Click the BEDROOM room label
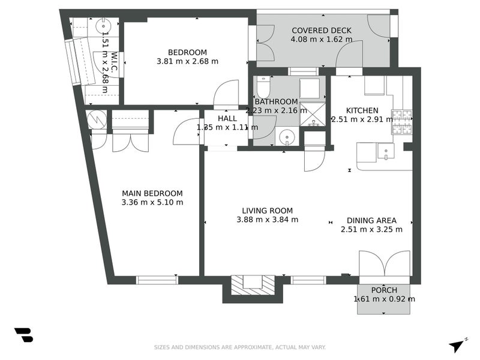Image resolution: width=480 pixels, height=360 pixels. coord(187,52)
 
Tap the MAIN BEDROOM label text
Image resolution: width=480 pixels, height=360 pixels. coord(152,193)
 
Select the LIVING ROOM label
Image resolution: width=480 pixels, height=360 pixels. coord(267,211)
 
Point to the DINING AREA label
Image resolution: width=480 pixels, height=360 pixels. coord(371,220)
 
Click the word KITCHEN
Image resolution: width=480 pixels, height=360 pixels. coord(362,110)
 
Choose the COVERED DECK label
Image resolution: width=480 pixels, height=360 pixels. coord(321,31)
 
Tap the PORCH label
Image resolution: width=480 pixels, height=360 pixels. coord(384,290)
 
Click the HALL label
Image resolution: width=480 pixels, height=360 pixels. coord(227,119)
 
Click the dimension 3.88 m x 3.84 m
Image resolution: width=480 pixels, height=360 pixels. coord(267,220)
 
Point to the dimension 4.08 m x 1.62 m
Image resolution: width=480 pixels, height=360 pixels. coord(321,40)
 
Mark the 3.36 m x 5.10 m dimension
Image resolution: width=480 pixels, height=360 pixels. coord(152,202)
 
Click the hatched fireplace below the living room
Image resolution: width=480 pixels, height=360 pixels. coord(253,284)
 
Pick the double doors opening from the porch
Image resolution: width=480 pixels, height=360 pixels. coord(385,264)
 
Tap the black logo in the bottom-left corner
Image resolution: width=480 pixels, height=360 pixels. coord(23,335)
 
